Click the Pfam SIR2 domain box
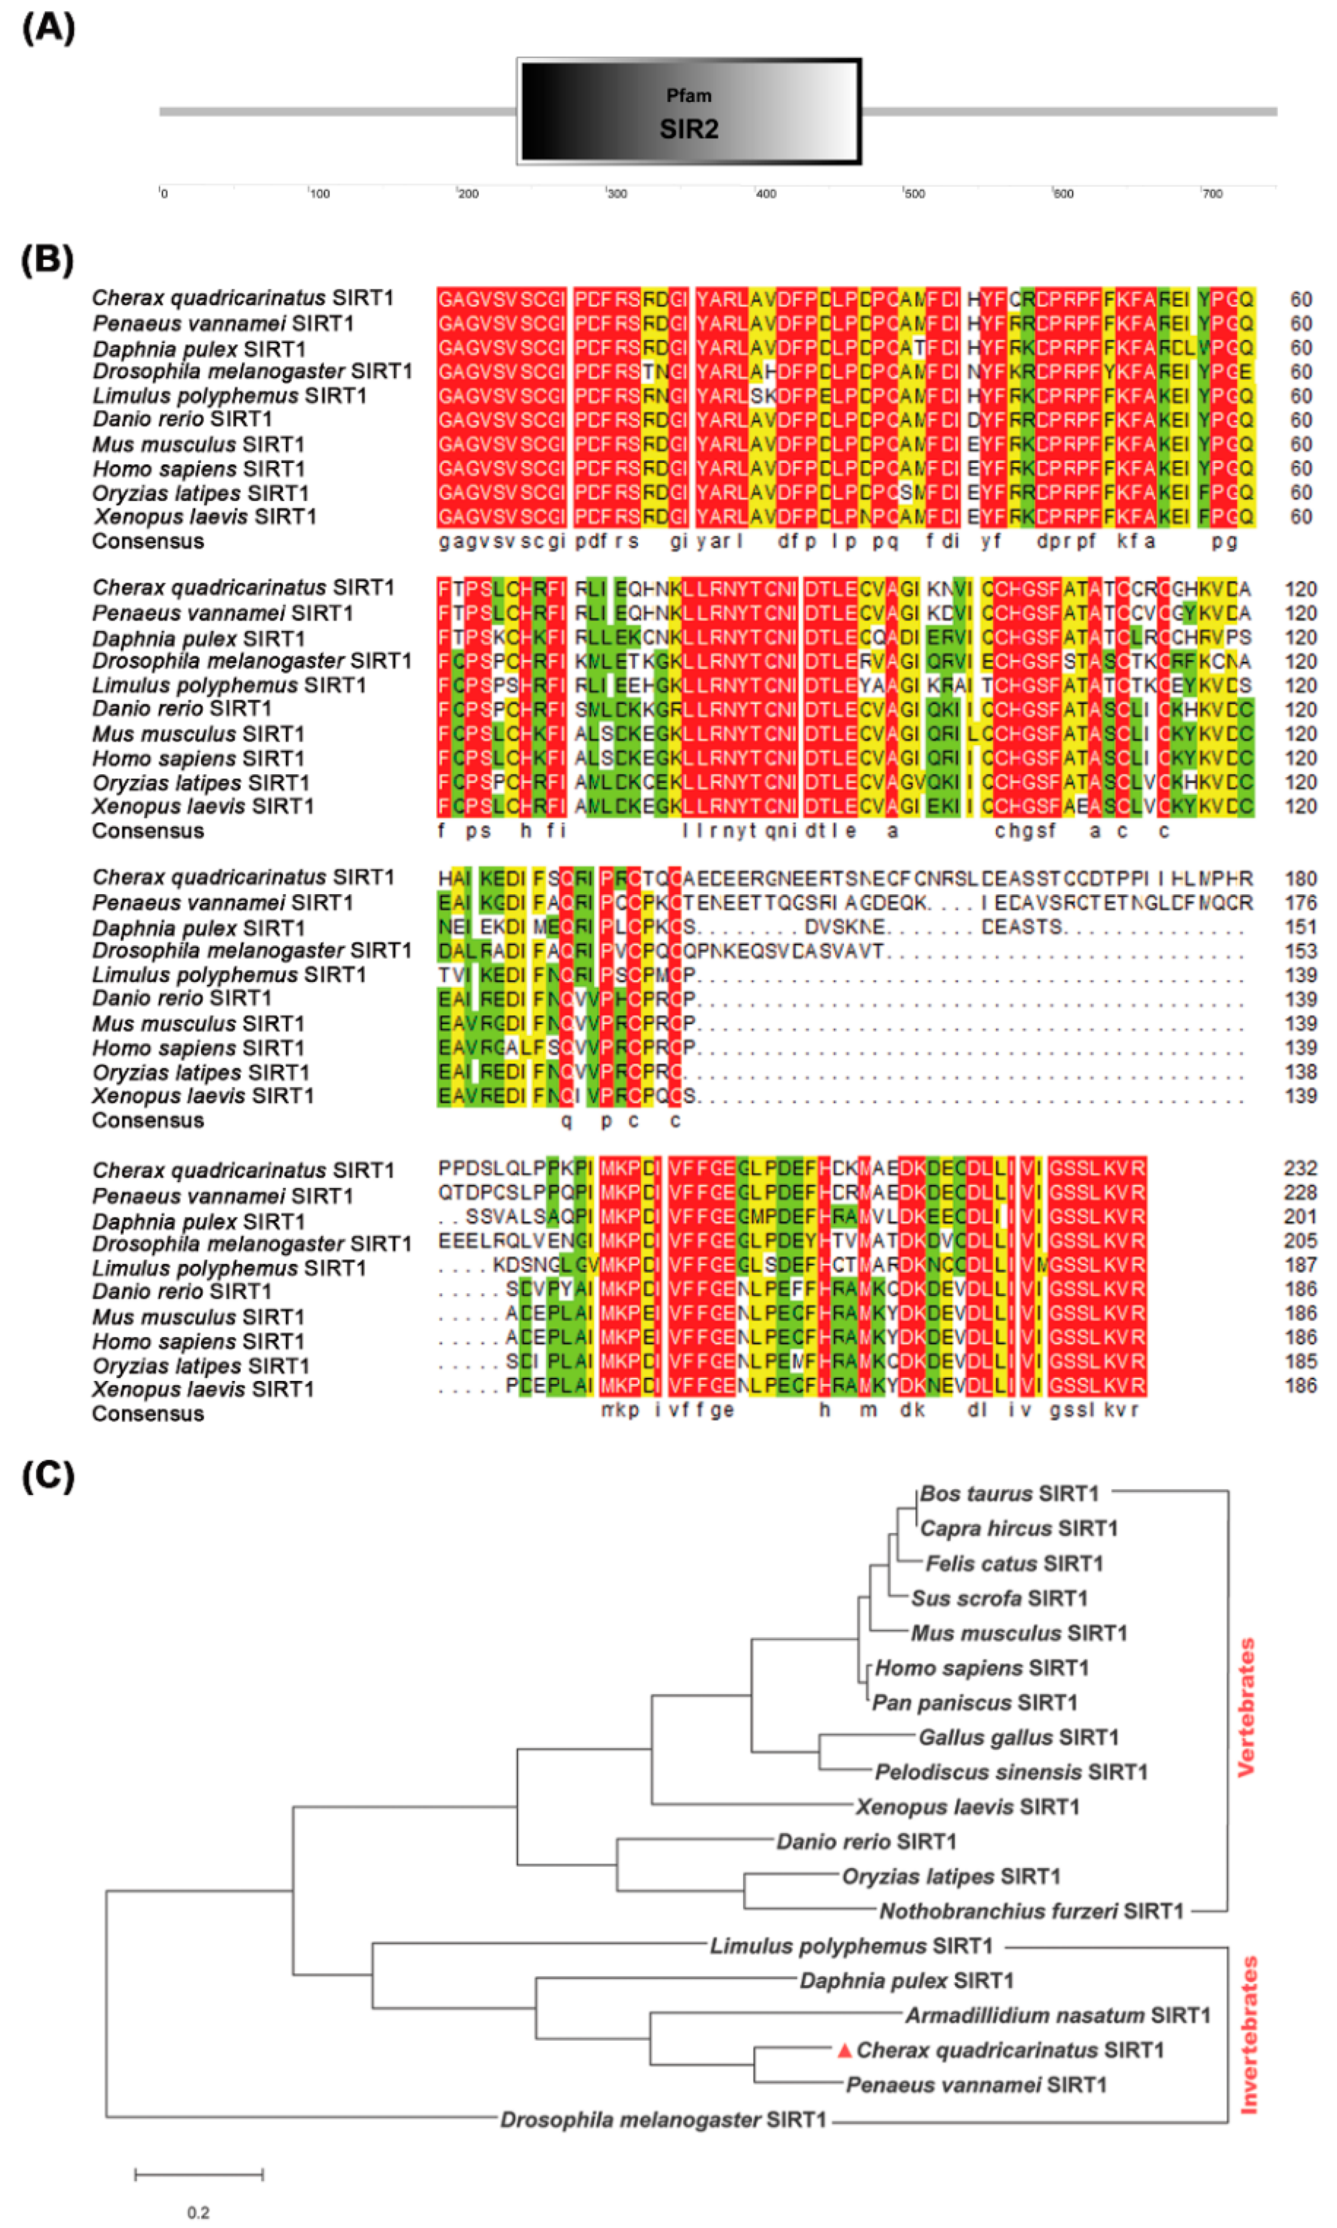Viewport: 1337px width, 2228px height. pyautogui.click(x=689, y=112)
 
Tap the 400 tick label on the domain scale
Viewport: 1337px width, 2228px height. pyautogui.click(x=766, y=194)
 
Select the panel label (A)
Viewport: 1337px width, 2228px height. pyautogui.click(x=48, y=28)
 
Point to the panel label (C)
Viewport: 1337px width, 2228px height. pyautogui.click(x=48, y=1475)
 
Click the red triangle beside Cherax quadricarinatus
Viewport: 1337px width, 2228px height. pyautogui.click(x=844, y=2050)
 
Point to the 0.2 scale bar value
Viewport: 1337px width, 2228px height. pyautogui.click(x=198, y=2212)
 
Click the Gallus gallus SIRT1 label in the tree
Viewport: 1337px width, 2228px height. pyautogui.click(x=1018, y=1737)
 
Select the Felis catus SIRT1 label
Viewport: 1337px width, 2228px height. pyautogui.click(x=1014, y=1564)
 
